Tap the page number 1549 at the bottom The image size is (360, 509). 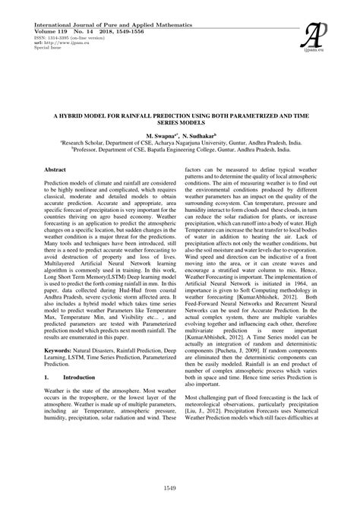pos(179,488)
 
